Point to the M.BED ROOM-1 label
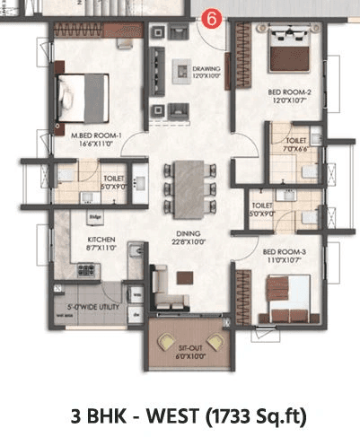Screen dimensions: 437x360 (x=96, y=136)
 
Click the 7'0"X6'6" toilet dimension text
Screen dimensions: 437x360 (x=296, y=149)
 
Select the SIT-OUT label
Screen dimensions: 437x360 (x=189, y=354)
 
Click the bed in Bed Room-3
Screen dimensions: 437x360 (x=289, y=297)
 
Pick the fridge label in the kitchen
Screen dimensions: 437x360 (x=93, y=217)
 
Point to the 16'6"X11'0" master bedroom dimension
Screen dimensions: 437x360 (x=96, y=144)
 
